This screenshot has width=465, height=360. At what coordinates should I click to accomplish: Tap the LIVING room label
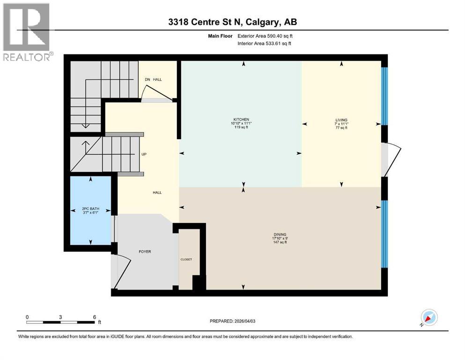point(340,120)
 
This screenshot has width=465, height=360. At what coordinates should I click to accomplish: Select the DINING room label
point(280,234)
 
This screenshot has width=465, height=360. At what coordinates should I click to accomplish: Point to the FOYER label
point(145,252)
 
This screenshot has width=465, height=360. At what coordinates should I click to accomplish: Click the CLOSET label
point(186,259)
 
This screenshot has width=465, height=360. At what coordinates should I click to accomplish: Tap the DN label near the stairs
point(148,80)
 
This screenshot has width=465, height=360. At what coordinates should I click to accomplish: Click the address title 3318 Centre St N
point(232,22)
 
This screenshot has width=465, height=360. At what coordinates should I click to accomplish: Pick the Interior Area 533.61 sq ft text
point(265,43)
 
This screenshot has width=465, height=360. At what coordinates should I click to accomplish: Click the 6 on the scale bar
point(95,316)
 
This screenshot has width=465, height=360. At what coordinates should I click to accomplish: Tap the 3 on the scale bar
point(61,316)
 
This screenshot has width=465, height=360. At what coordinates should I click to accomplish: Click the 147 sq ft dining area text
point(280,243)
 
